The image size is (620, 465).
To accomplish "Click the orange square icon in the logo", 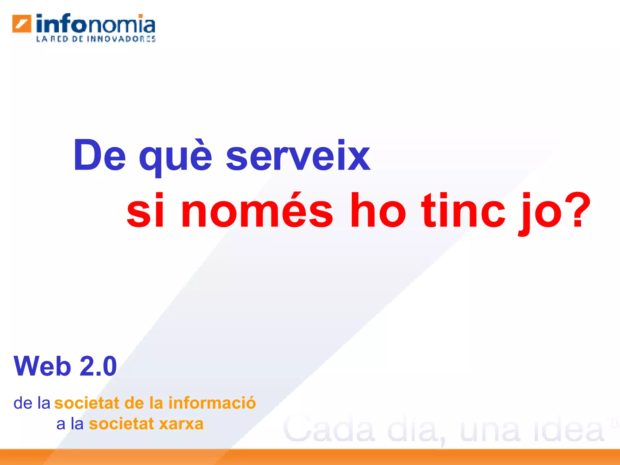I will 22,24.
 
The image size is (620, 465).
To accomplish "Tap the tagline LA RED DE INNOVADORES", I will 96,39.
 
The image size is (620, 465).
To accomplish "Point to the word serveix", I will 298,156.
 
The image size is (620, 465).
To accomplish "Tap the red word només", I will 257,210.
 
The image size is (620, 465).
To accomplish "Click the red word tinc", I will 463,210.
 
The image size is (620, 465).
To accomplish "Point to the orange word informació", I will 212,403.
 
